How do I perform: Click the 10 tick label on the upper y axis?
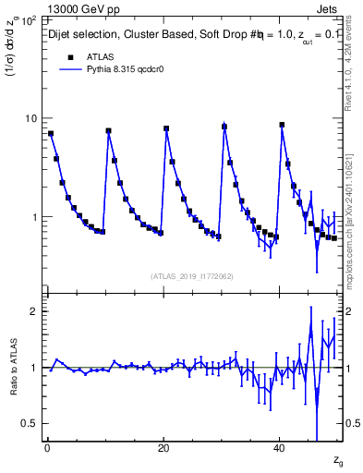[x=30, y=118]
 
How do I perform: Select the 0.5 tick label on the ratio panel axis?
[x=29, y=423]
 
